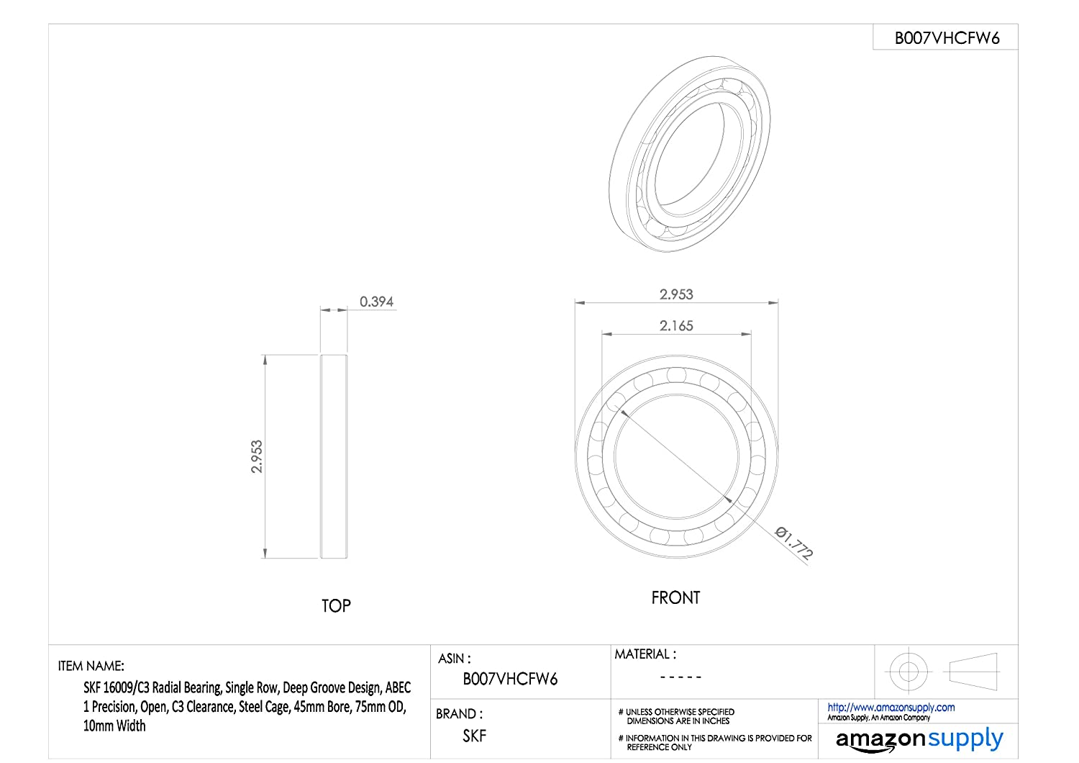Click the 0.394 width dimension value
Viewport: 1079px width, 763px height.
pos(376,302)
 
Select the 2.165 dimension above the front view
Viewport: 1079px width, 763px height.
pos(676,326)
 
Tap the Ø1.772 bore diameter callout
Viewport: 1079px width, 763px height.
pos(794,543)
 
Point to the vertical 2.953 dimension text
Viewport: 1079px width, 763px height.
pos(257,456)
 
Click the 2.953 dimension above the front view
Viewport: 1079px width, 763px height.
pos(676,294)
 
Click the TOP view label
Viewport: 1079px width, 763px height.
pos(336,606)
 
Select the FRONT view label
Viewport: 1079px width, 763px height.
pos(675,597)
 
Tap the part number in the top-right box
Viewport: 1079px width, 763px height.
pos(947,38)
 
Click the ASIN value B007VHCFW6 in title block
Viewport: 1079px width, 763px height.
pos(510,679)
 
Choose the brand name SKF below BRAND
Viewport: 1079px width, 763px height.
pos(475,736)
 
